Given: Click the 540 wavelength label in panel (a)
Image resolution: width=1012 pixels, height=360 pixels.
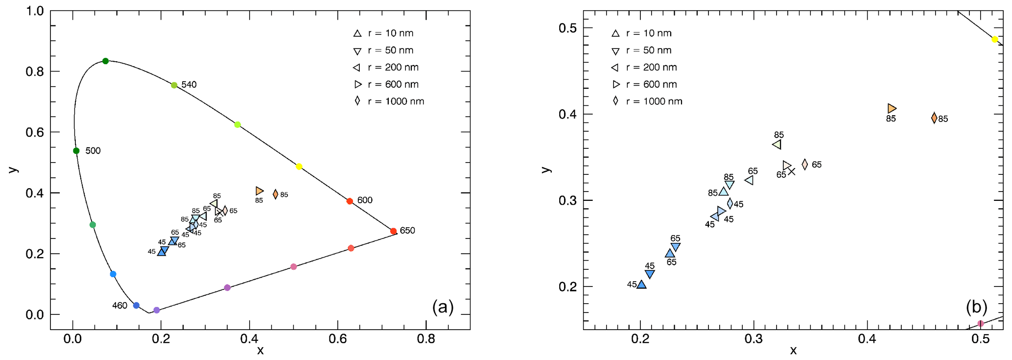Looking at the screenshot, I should click(189, 85).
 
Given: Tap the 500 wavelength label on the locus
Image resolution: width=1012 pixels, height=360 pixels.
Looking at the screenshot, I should click(93, 151).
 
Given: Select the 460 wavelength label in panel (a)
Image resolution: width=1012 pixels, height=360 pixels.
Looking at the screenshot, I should click(119, 306).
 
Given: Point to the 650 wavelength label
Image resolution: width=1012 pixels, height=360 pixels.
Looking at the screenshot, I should click(407, 231).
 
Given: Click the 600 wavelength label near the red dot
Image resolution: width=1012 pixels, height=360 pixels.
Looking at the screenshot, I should click(365, 200).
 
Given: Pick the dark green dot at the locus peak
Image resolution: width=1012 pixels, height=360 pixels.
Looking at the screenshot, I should click(105, 61).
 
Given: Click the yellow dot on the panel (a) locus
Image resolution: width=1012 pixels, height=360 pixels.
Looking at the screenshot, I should click(299, 167).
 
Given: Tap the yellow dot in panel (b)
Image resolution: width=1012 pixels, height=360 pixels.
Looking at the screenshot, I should click(995, 40).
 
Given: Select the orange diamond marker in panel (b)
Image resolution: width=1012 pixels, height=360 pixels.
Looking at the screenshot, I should click(934, 118).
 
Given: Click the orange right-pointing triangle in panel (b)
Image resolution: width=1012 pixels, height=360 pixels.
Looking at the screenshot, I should click(892, 108).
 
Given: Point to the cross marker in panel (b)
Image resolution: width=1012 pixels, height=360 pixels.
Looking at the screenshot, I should click(792, 171).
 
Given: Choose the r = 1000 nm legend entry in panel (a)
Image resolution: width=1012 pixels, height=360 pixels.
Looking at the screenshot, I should click(390, 101).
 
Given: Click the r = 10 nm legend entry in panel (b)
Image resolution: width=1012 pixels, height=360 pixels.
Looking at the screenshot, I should click(642, 33).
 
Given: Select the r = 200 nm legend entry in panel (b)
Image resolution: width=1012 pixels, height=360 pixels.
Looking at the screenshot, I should click(644, 68).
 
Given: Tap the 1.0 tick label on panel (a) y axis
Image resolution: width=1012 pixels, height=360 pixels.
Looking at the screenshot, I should click(34, 11).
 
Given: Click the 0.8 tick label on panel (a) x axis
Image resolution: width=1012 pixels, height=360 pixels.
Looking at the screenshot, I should click(425, 339).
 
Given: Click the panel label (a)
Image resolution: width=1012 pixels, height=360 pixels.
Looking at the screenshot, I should click(443, 307).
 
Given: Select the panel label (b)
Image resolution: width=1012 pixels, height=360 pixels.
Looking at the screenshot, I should click(976, 307).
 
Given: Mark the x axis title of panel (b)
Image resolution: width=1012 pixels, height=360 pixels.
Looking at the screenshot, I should click(793, 350).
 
